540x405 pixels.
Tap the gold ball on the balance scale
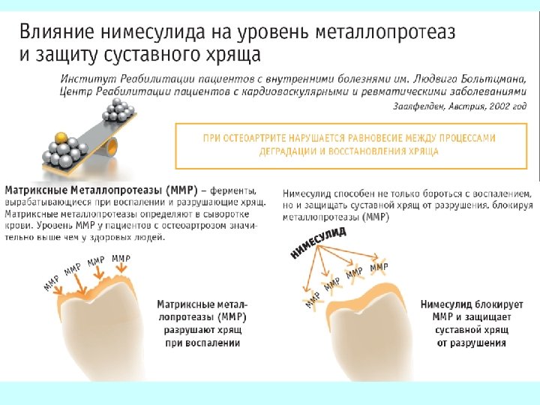coord(62,139)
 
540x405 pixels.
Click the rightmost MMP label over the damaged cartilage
coord(121,259)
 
